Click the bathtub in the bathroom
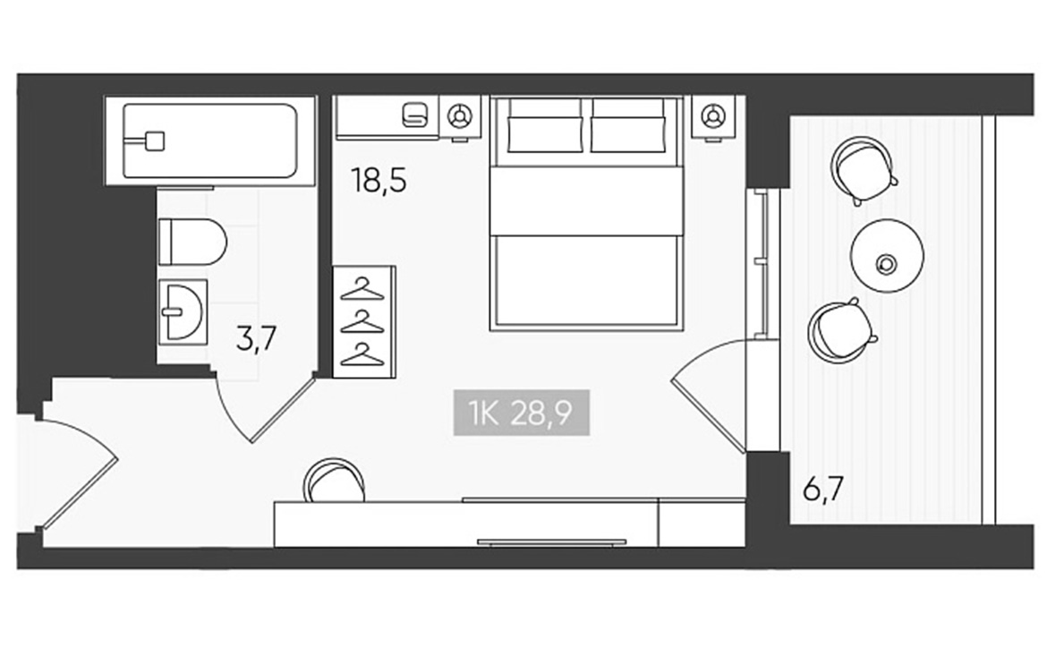tap(209, 140)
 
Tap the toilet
tap(192, 242)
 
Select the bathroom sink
tap(183, 311)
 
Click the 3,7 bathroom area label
tap(257, 338)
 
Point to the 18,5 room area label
tap(379, 180)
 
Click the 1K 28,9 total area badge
tap(522, 413)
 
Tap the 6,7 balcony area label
tap(823, 490)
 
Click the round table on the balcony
tap(887, 256)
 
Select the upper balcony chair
tap(863, 170)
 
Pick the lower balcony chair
tap(841, 331)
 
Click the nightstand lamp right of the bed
tap(713, 116)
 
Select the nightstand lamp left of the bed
tap(459, 116)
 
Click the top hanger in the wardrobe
tap(362, 290)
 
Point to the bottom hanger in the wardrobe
tap(362, 354)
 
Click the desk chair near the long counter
tap(334, 480)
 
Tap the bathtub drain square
tap(155, 140)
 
